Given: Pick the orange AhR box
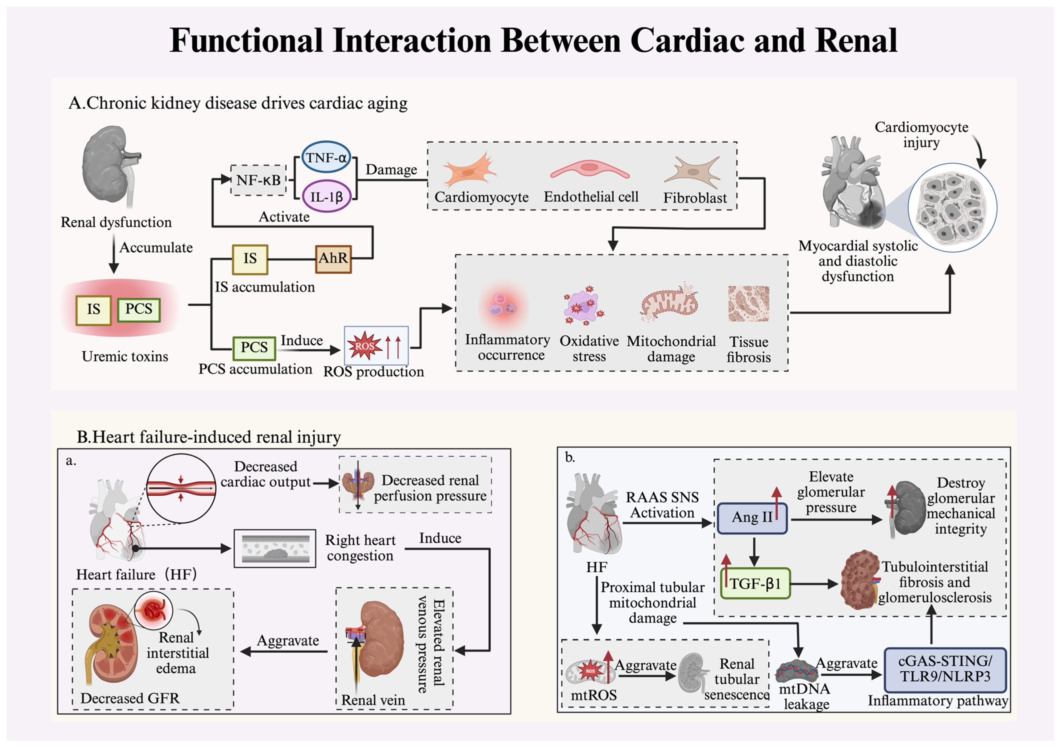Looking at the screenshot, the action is tap(333, 259).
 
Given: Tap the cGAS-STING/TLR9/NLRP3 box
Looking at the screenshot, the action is tap(945, 669).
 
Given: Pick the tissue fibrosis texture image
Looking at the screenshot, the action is tap(749, 304).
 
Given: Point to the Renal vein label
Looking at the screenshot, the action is tap(373, 700).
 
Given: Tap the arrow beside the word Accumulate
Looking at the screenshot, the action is tap(114, 254).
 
